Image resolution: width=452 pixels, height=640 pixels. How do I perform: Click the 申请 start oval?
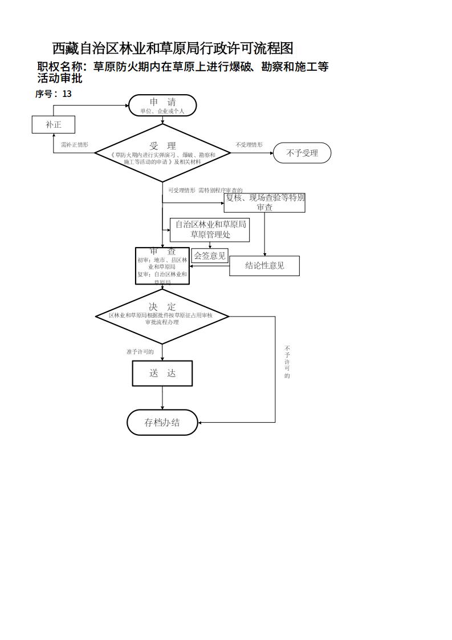(x=162, y=106)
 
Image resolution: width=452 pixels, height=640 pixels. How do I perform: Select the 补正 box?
(x=53, y=124)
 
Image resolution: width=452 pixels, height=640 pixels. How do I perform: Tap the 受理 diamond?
(x=162, y=153)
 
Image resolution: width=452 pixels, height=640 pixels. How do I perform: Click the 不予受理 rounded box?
(x=302, y=153)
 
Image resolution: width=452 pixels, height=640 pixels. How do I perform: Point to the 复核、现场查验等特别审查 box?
(x=264, y=202)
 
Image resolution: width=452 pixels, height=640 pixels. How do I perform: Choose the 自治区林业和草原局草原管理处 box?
(x=210, y=229)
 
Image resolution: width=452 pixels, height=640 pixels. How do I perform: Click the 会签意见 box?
(x=210, y=256)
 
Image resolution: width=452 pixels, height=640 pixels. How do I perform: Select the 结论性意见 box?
(x=264, y=265)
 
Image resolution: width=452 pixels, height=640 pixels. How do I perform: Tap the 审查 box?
(x=162, y=266)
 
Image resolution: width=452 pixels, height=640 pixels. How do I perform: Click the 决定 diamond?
(x=162, y=316)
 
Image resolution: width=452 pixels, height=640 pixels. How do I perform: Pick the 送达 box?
(x=162, y=373)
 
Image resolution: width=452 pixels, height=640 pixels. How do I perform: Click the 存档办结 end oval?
(x=162, y=422)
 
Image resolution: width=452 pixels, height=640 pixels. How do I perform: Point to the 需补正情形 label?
(x=75, y=145)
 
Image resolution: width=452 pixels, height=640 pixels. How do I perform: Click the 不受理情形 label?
(x=249, y=145)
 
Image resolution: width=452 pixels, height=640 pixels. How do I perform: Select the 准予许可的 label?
(x=140, y=352)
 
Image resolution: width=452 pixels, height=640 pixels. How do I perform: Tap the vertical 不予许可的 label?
(x=287, y=362)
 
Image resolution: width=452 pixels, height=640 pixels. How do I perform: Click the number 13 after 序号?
(x=67, y=94)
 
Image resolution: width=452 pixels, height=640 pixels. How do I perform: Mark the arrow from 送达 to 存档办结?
(x=162, y=398)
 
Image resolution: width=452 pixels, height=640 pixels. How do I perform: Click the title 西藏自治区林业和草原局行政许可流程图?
(x=173, y=48)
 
